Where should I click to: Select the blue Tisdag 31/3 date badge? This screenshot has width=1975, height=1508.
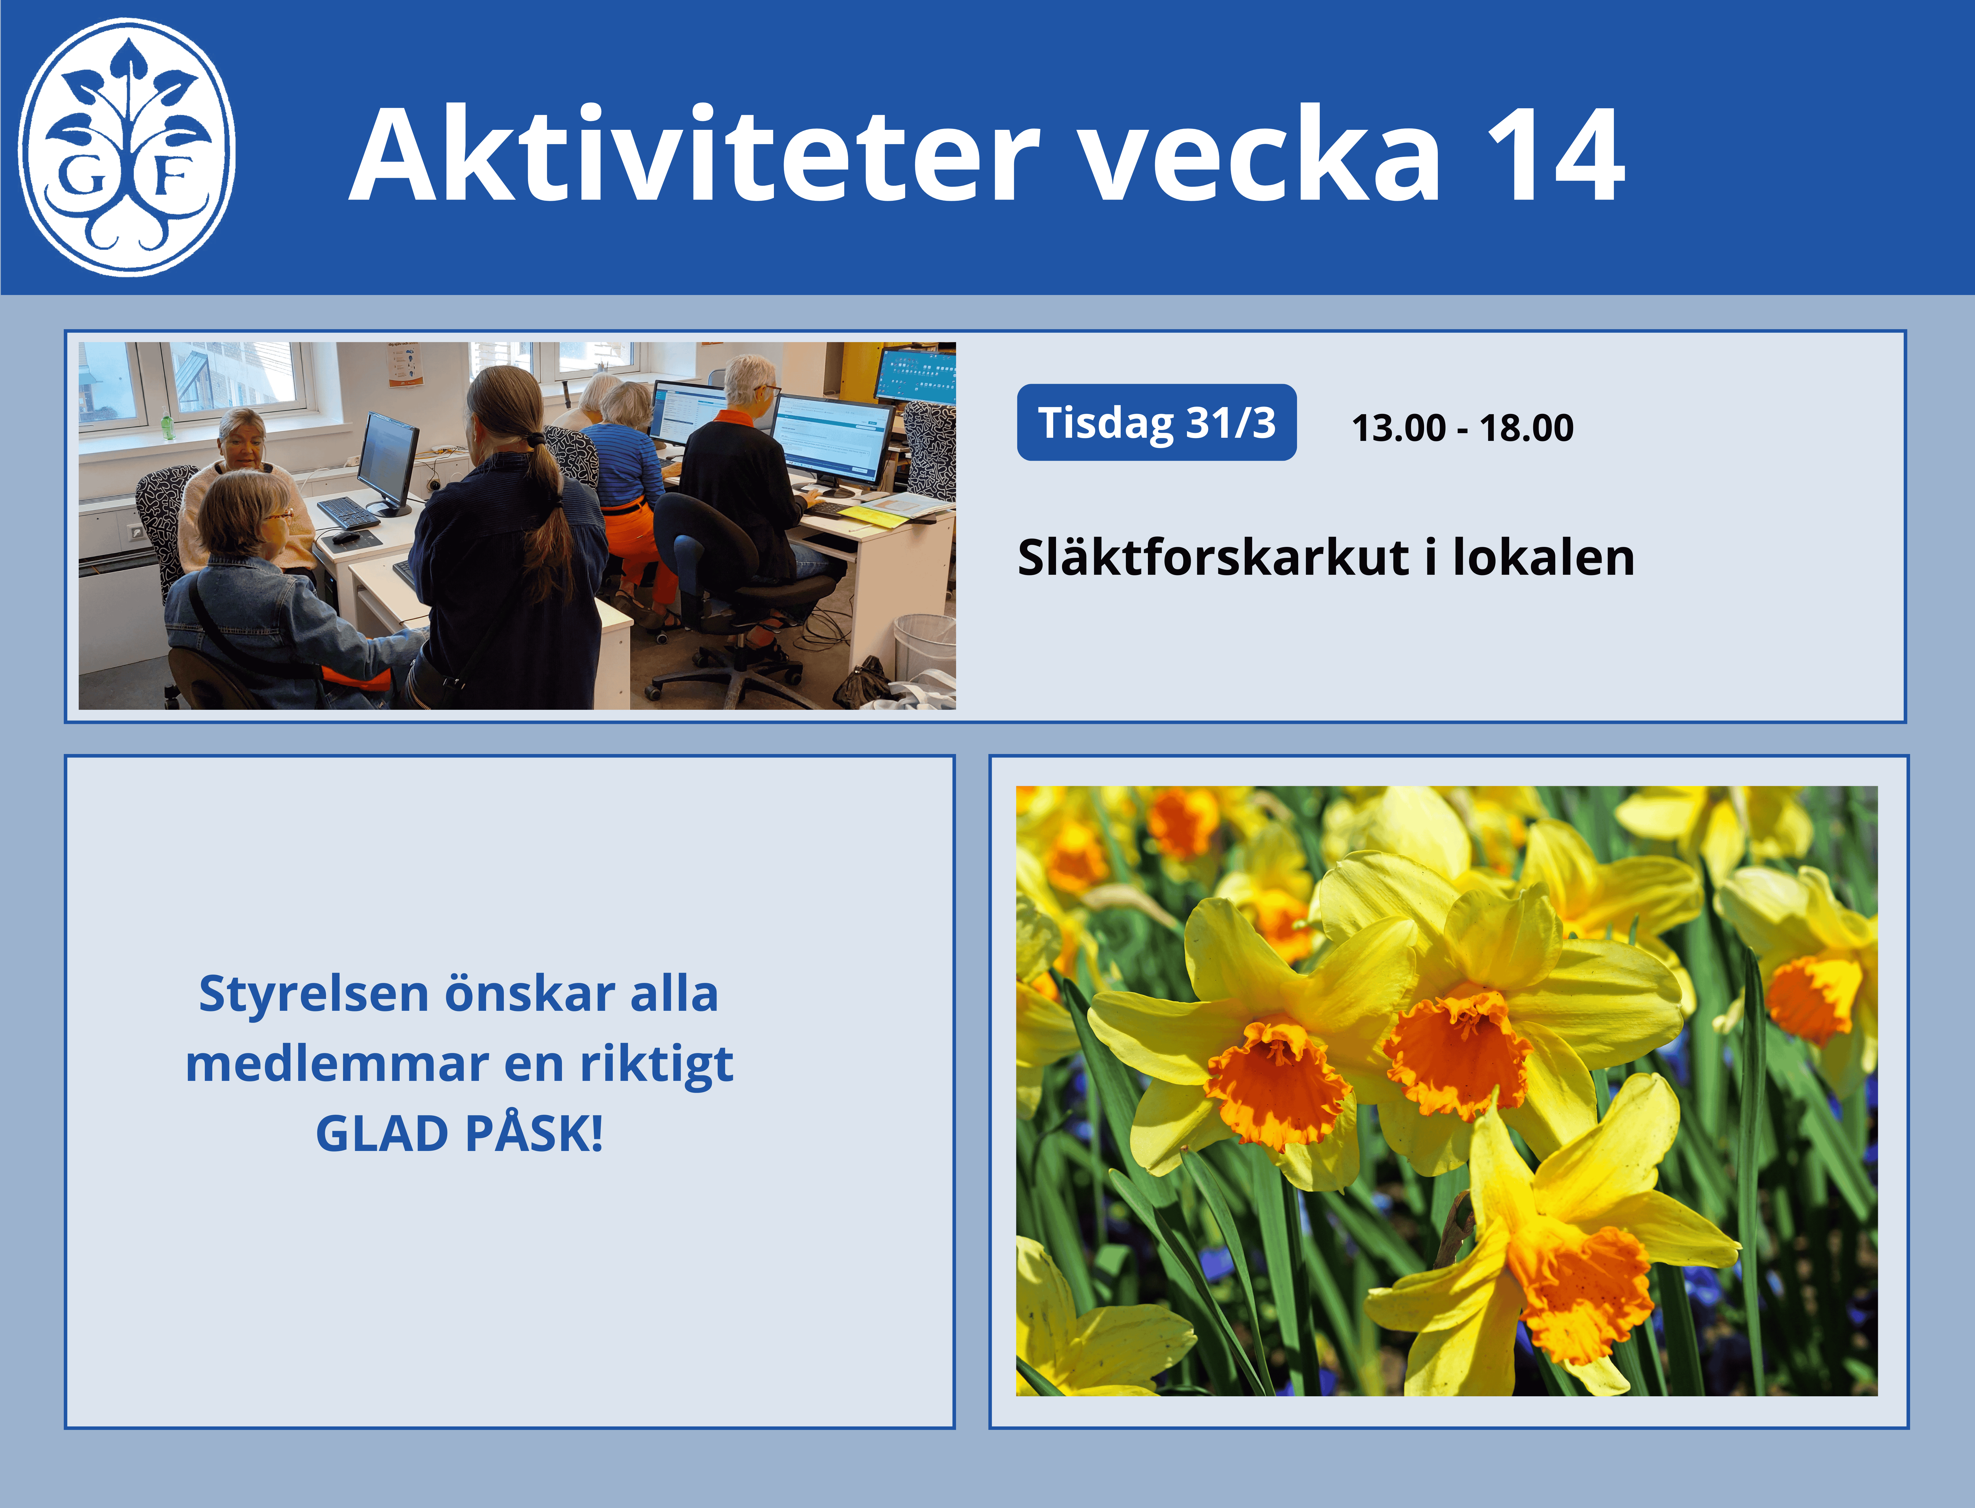(x=1156, y=422)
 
